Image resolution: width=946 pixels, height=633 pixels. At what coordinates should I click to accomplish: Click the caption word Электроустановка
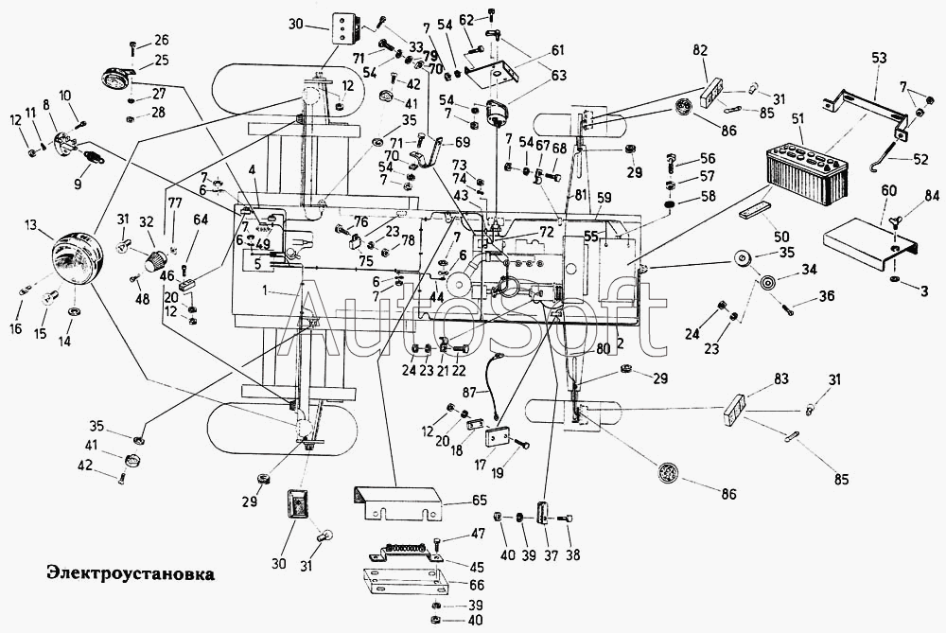pyautogui.click(x=116, y=573)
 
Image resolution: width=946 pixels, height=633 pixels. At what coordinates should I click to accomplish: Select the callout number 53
pyautogui.click(x=879, y=59)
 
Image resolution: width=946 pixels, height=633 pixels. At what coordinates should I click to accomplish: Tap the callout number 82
pyautogui.click(x=700, y=50)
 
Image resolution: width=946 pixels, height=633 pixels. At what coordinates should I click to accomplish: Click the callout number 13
pyautogui.click(x=31, y=224)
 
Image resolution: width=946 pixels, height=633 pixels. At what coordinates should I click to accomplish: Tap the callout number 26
pyautogui.click(x=161, y=40)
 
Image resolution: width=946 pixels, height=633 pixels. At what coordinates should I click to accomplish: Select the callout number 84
pyautogui.click(x=933, y=197)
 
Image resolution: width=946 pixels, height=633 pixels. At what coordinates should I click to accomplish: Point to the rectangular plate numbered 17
pyautogui.click(x=499, y=438)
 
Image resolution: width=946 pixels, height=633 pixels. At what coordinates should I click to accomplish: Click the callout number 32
pyautogui.click(x=147, y=221)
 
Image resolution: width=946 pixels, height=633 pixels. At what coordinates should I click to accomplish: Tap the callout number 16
pyautogui.click(x=16, y=328)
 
